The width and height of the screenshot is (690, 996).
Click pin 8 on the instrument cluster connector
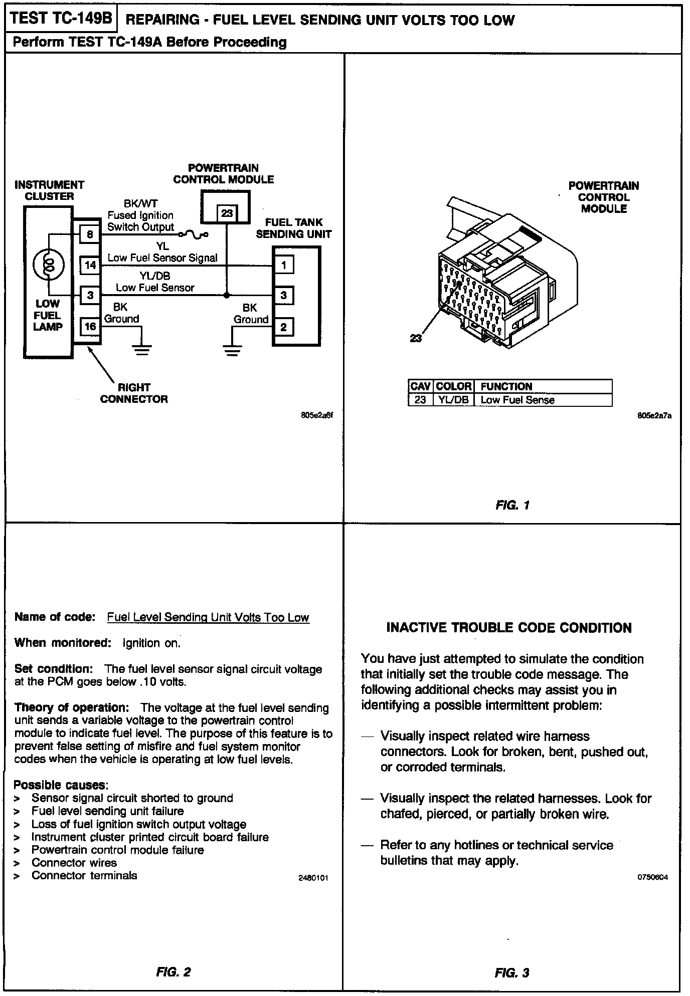pyautogui.click(x=90, y=234)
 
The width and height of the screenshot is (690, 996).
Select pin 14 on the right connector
pyautogui.click(x=90, y=265)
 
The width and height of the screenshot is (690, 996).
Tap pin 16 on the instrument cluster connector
pyautogui.click(x=90, y=327)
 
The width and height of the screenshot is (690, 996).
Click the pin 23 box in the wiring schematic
pyautogui.click(x=227, y=213)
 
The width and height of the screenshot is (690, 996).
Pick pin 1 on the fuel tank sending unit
pyautogui.click(x=284, y=265)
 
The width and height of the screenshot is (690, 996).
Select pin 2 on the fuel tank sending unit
pyautogui.click(x=284, y=327)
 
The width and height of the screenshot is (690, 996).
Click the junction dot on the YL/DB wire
pyautogui.click(x=227, y=295)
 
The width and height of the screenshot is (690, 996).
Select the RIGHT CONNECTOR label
pyautogui.click(x=134, y=393)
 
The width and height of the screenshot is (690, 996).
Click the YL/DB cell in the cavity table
pyautogui.click(x=453, y=400)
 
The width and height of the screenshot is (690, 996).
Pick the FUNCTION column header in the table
pyautogui.click(x=506, y=386)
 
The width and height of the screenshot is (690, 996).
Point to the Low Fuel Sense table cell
pyautogui.click(x=517, y=400)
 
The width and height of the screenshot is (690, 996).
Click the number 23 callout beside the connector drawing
pyautogui.click(x=416, y=338)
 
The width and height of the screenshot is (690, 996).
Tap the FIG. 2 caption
pyautogui.click(x=174, y=972)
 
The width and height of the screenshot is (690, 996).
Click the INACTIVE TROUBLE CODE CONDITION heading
pyautogui.click(x=509, y=628)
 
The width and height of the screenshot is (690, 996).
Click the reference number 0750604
pyautogui.click(x=652, y=877)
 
